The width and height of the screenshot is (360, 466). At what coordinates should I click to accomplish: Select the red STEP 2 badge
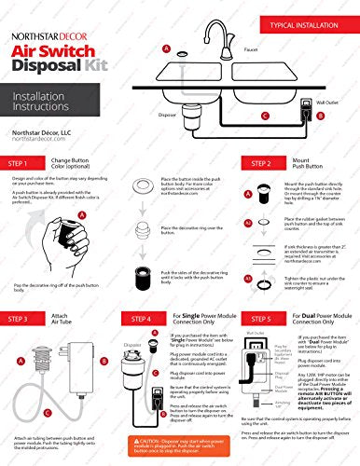232,163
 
